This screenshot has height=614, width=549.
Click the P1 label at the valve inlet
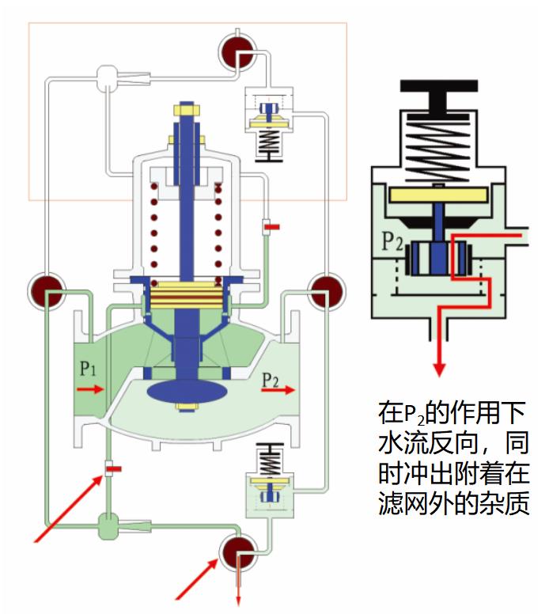[x=87, y=370]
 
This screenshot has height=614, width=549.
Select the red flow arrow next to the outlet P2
[x=282, y=390]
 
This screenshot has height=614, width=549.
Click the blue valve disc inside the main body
[x=187, y=391]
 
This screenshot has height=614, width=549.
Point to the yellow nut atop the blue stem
[x=187, y=109]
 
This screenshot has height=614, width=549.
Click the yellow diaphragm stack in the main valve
[x=187, y=295]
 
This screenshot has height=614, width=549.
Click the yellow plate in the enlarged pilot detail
[x=438, y=194]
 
